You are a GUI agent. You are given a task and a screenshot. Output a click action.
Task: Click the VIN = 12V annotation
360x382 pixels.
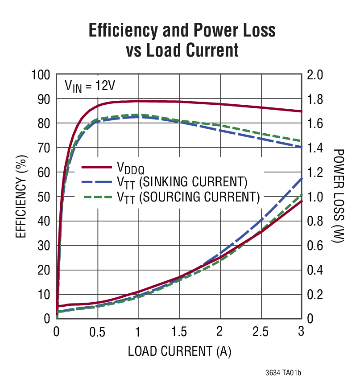[90, 85]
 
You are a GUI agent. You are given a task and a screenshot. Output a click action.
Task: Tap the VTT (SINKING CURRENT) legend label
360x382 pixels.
[182, 182]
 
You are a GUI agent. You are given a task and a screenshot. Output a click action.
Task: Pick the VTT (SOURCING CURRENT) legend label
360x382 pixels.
[188, 197]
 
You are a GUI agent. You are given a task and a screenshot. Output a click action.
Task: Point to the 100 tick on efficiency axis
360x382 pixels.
[41, 74]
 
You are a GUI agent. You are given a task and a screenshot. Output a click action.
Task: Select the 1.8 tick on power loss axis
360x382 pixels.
[314, 99]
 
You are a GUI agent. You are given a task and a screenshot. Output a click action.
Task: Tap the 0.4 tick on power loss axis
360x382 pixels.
[314, 270]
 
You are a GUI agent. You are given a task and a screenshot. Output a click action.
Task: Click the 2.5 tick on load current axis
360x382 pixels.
[261, 332]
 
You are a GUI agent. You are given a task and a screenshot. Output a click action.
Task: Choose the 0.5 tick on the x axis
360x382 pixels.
[97, 332]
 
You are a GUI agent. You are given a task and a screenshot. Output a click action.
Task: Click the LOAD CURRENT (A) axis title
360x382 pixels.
[179, 351]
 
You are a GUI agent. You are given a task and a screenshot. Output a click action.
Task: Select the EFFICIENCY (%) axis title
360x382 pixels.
[21, 196]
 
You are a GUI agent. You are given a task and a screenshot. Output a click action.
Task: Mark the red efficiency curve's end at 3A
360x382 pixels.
[302, 111]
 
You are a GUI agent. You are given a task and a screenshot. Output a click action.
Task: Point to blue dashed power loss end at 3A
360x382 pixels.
[302, 178]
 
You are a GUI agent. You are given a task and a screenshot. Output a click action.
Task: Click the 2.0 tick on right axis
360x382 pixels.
[314, 74]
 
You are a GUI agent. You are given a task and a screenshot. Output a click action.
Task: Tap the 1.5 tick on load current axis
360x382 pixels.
[179, 332]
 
